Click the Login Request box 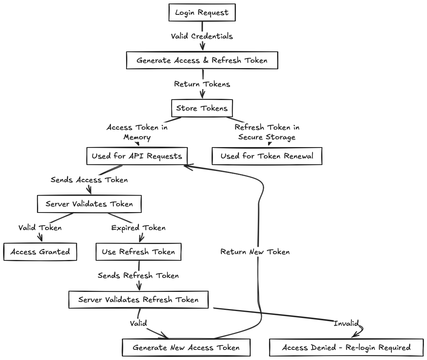pos(202,12)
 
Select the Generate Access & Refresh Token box pos(202,60)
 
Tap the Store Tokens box pos(202,108)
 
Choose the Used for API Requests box pos(137,156)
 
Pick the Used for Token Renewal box pos(267,156)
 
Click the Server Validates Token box pos(89,204)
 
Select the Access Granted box pos(40,252)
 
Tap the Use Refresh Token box pos(138,252)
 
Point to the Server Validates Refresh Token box pos(138,300)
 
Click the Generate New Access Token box pos(186,347)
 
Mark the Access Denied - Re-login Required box pos(346,347)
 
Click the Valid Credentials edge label pos(202,36)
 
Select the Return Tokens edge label pos(202,84)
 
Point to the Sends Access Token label pos(89,180)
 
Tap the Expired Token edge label pos(138,228)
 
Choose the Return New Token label pos(255,252)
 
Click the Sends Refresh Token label pos(138,276)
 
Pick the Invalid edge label pos(346,323)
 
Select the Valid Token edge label pos(40,228)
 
